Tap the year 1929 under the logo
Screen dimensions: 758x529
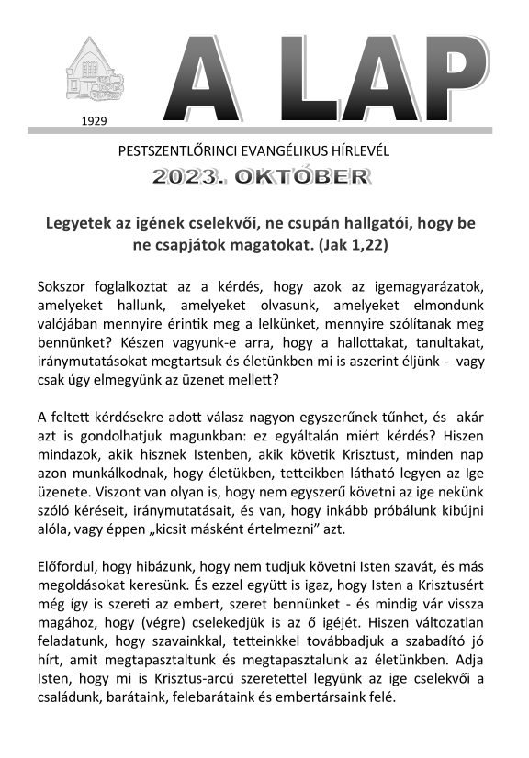pyautogui.click(x=95, y=120)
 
